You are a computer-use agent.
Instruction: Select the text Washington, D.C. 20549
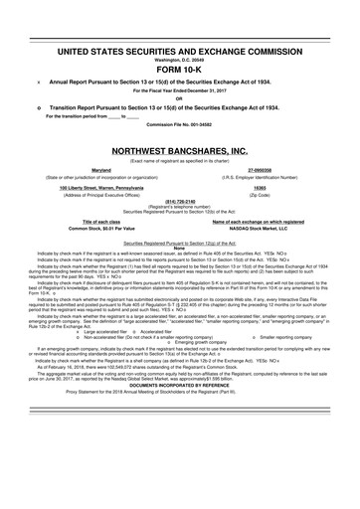(180, 59)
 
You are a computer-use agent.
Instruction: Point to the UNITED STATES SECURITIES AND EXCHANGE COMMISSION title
(180, 48)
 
